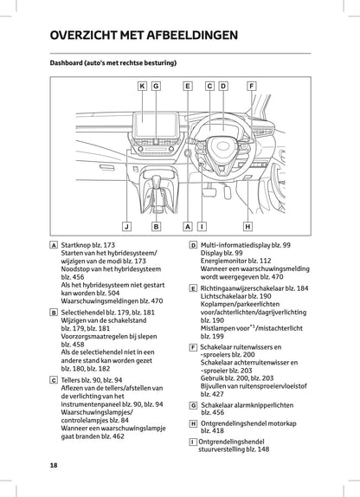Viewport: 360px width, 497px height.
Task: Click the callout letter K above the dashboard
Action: coord(142,86)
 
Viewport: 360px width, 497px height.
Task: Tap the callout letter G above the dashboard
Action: coord(156,86)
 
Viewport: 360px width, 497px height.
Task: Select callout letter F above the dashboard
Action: coord(251,86)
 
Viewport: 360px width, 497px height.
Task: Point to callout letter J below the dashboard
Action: coord(126,227)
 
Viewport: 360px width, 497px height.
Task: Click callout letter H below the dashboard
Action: coord(247,227)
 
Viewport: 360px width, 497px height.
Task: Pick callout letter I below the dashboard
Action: coord(201,227)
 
